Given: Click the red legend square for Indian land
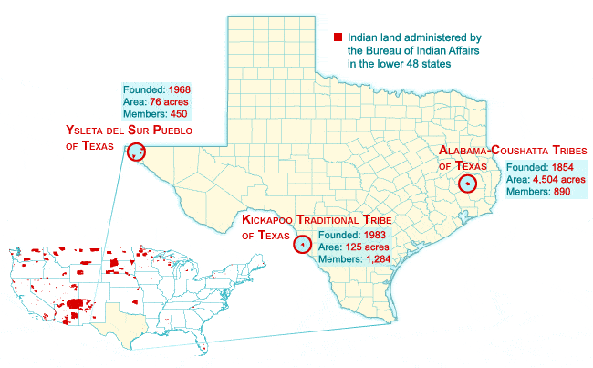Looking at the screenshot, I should pyautogui.click(x=338, y=38).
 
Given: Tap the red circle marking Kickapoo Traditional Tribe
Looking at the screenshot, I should pyautogui.click(x=302, y=243).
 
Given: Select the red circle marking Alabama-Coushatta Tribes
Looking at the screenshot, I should pyautogui.click(x=467, y=183).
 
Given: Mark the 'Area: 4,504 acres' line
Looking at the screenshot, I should pyautogui.click(x=546, y=180).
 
